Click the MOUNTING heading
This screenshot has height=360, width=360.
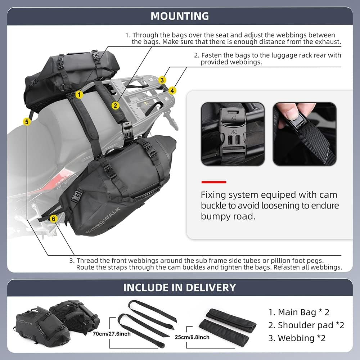[180, 16]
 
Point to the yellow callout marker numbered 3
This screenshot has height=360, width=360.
[163, 80]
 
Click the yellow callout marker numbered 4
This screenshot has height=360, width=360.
[172, 90]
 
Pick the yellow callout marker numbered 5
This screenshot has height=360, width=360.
[27, 122]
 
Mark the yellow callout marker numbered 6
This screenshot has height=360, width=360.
[53, 218]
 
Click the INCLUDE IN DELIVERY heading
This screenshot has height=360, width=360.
[180, 287]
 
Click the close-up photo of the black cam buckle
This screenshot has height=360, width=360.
[232, 134]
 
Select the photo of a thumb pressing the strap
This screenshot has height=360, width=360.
[304, 134]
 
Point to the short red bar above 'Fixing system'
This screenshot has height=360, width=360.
[213, 182]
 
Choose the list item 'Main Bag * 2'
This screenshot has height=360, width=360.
[299, 312]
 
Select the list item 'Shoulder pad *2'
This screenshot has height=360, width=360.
[306, 325]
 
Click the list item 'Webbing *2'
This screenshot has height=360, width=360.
[297, 338]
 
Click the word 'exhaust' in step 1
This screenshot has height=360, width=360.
[328, 42]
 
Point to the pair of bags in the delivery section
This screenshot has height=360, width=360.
[58, 320]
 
